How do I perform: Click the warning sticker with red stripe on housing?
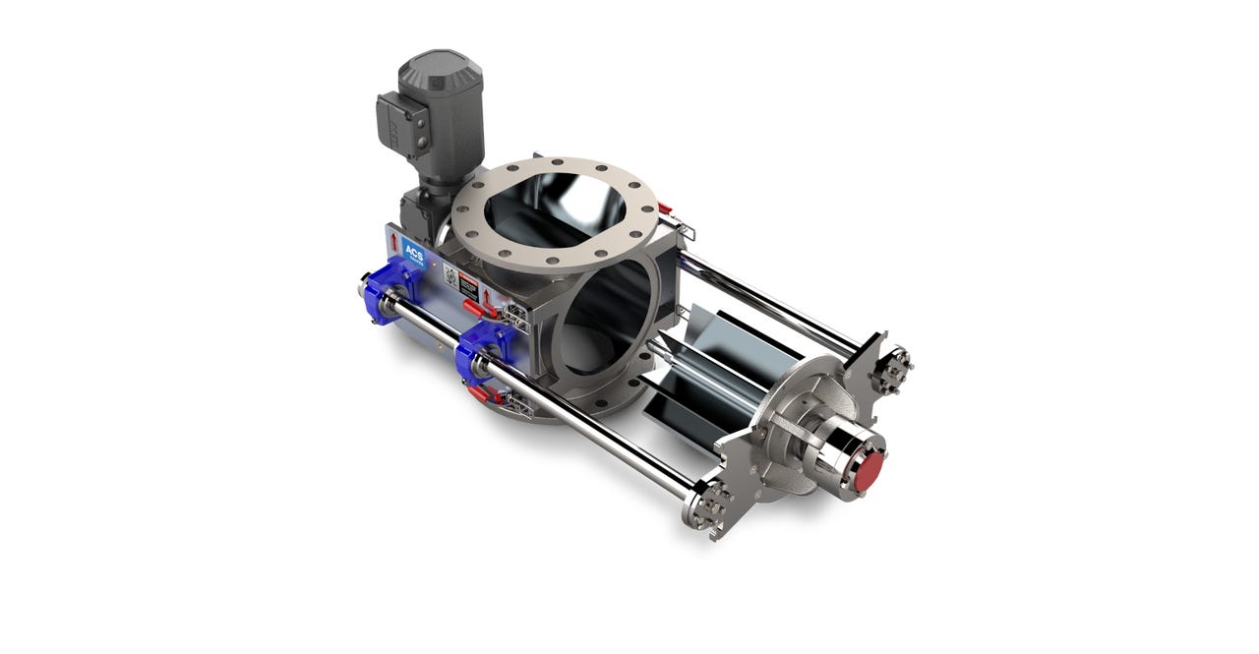(469, 288)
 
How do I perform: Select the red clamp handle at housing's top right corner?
(665, 208)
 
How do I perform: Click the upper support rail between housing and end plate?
(766, 294)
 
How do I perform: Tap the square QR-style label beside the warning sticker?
(450, 277)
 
